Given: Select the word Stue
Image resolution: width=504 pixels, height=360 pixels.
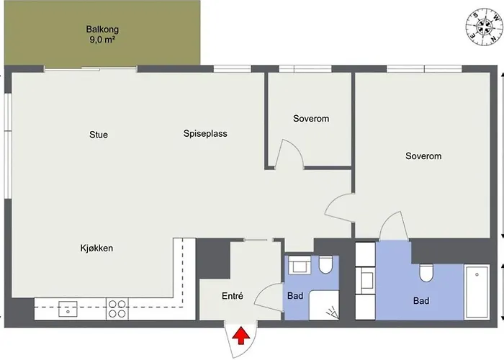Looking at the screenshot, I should [x=99, y=135].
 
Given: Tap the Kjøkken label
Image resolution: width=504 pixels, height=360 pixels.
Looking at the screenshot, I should [x=96, y=248].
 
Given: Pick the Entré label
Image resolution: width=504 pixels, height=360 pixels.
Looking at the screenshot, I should [x=232, y=295].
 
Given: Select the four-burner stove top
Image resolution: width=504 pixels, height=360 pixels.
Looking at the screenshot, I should [x=117, y=308].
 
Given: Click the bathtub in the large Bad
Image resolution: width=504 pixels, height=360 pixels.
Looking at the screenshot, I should [x=477, y=292].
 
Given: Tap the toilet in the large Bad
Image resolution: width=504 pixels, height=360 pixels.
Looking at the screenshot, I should [x=425, y=272].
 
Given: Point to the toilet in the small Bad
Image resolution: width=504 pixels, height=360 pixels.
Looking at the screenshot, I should [x=325, y=266].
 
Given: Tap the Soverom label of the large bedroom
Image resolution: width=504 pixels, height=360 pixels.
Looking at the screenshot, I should [x=423, y=156].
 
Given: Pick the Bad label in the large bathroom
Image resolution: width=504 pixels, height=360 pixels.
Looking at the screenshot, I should [x=421, y=301].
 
